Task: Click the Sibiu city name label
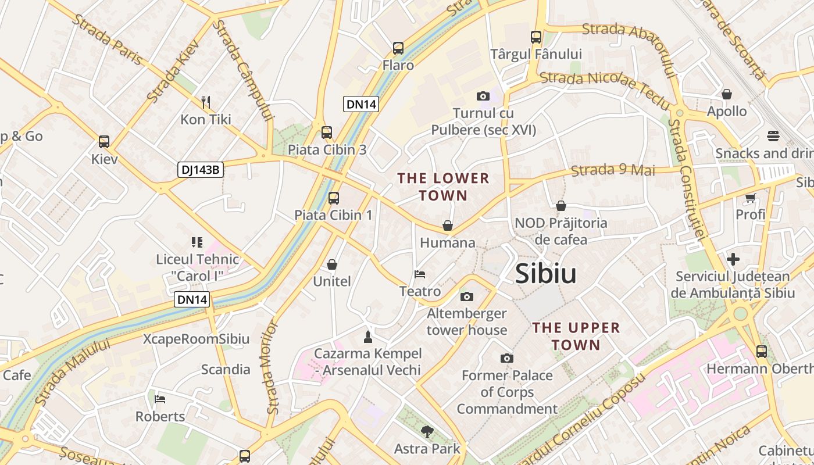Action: pos(545,274)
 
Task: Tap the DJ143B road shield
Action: pos(201,170)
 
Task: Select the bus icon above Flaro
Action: pos(398,48)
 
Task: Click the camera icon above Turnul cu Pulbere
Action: pos(483,96)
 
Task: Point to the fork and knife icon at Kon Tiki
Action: pos(205,102)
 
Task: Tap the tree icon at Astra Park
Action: pos(427,431)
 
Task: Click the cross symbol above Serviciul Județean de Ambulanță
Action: pos(733,259)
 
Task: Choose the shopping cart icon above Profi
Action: pos(750,198)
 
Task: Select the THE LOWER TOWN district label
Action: pos(443,187)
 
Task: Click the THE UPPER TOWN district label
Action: pos(576,336)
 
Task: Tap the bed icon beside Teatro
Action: pos(420,274)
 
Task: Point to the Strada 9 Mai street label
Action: pos(613,170)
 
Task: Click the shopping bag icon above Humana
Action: pos(448,225)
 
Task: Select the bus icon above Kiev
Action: pos(104,141)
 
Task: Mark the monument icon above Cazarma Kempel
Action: pos(367,336)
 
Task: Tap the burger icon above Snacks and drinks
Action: pos(773,136)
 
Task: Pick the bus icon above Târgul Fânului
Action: pos(536,37)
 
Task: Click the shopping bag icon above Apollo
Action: pos(727,94)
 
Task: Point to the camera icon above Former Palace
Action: pos(507,358)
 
